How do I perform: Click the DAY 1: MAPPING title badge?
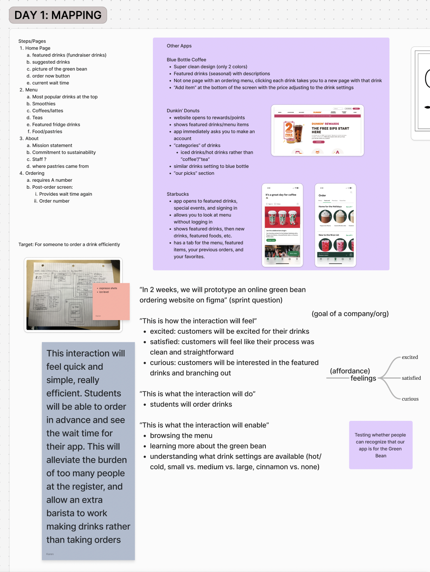click(x=58, y=15)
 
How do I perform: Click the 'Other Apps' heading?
click(x=179, y=46)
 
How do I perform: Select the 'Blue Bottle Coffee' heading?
click(x=186, y=60)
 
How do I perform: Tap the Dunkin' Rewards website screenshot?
click(x=317, y=130)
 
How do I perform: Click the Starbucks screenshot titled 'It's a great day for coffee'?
click(x=282, y=225)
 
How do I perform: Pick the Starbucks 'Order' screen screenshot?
click(x=335, y=225)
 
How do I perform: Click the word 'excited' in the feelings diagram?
click(x=410, y=357)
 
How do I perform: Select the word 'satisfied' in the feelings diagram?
click(x=411, y=378)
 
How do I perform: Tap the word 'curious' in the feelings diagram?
click(x=410, y=399)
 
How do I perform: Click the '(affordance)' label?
click(x=350, y=371)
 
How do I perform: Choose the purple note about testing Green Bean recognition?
click(x=380, y=445)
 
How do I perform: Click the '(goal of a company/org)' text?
click(x=350, y=314)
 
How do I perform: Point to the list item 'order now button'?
click(x=51, y=76)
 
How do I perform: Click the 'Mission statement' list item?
click(x=52, y=145)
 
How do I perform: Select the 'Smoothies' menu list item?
click(x=43, y=104)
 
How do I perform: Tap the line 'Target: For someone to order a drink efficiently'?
click(x=69, y=245)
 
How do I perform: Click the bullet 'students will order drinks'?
click(x=191, y=404)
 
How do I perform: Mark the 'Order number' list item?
click(x=54, y=201)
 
